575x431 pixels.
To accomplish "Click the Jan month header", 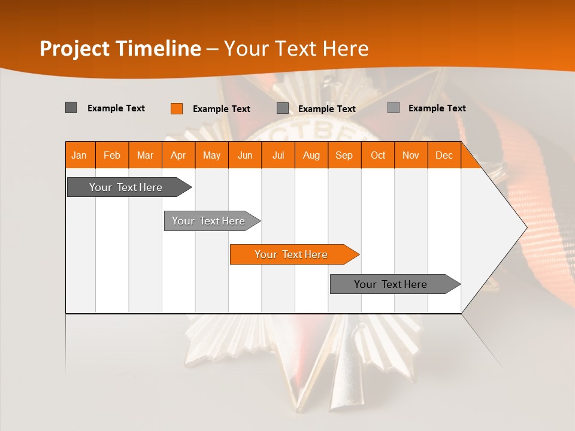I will pyautogui.click(x=79, y=155).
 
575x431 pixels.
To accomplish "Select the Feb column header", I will pyautogui.click(x=112, y=155).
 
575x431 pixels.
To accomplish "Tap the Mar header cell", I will pyautogui.click(x=145, y=155).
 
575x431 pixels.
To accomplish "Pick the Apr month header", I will pyautogui.click(x=178, y=155).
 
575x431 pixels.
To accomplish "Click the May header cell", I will pyautogui.click(x=211, y=155).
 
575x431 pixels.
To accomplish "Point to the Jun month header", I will pyautogui.click(x=245, y=155).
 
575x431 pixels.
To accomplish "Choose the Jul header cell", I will pyautogui.click(x=278, y=155).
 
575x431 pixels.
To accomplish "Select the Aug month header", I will pyautogui.click(x=311, y=155).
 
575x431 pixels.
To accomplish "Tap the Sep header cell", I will pyautogui.click(x=344, y=155).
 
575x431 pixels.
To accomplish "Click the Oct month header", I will pyautogui.click(x=378, y=155).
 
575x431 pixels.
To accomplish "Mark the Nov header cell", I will pyautogui.click(x=411, y=155).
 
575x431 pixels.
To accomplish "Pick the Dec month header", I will pyautogui.click(x=444, y=155).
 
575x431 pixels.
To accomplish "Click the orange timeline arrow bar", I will pyautogui.click(x=293, y=254).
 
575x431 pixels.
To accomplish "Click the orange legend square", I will pyautogui.click(x=177, y=108).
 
